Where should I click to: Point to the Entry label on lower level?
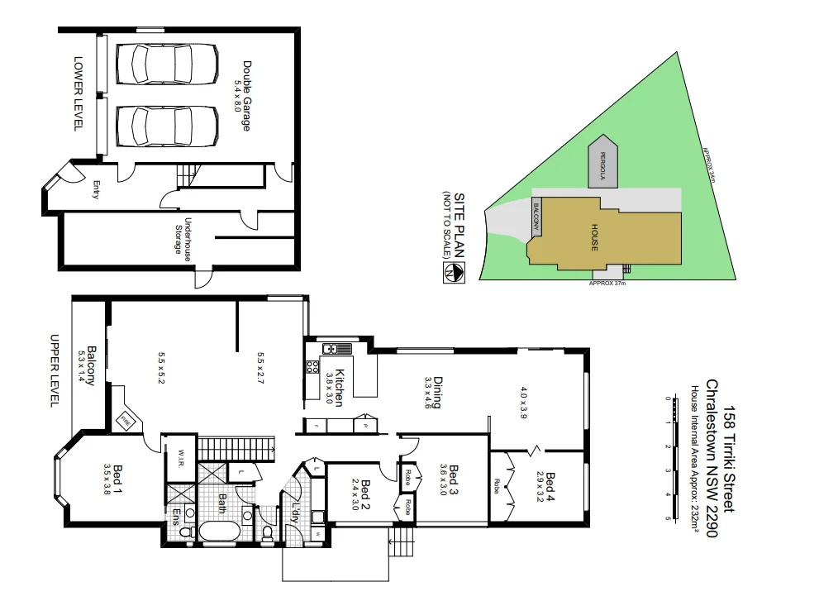pyautogui.click(x=96, y=190)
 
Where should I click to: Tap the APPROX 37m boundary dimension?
pyautogui.click(x=607, y=283)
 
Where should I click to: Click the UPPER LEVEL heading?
pyautogui.click(x=55, y=370)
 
